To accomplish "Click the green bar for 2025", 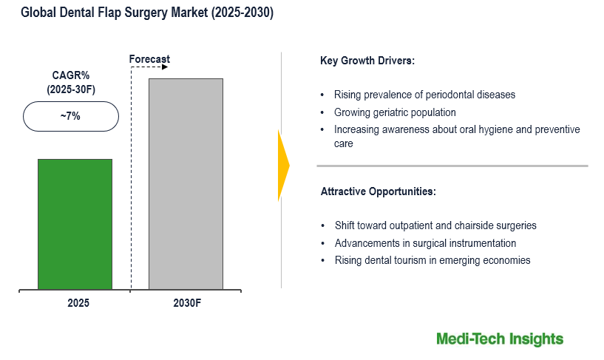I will pos(75,223).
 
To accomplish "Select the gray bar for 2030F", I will pos(186,183).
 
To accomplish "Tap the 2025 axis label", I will pos(75,303).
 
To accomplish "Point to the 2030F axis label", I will pos(186,303).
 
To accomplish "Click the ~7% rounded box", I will pos(71,117).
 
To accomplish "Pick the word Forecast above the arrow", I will pos(149,59).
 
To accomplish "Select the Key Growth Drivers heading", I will pos(367,61).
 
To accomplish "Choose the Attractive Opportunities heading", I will pos(378,191).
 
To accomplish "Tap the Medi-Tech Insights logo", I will pos(499,339).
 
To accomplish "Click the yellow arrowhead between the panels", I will pos(283,166).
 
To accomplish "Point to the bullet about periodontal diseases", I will pos(424,95).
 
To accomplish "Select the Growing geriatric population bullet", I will pos(395,112).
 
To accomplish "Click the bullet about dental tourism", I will pos(432,260).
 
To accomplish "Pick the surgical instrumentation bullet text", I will pos(425,243).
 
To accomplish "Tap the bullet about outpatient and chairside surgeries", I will pos(435,225).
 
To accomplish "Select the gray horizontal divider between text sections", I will pos(454,166).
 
